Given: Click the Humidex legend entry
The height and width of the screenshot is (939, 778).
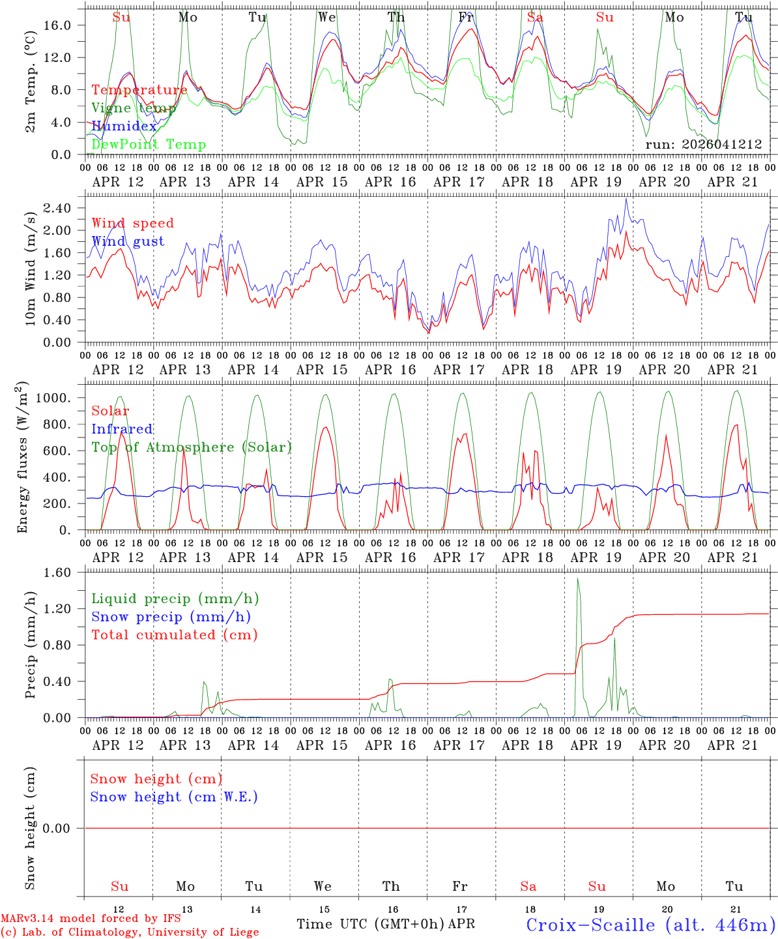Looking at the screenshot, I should point(124,127).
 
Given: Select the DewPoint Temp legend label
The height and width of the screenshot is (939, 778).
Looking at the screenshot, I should point(149,145).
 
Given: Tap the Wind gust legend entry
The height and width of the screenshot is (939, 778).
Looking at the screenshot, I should point(128,241).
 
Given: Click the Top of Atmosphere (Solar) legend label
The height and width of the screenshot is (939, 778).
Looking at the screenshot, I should point(192,447).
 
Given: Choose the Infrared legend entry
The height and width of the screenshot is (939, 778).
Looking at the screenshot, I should point(122,429).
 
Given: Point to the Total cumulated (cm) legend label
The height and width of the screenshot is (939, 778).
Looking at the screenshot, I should point(174,635).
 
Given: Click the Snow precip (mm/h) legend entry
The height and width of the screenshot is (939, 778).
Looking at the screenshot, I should point(171,617).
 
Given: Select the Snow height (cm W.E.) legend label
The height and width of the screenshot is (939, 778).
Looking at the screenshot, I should point(174,797).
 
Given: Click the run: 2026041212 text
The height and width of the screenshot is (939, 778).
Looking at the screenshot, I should point(703,145).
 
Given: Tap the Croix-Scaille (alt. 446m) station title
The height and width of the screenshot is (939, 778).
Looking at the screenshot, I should point(650,925).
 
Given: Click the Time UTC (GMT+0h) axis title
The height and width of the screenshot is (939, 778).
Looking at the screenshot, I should point(371,924).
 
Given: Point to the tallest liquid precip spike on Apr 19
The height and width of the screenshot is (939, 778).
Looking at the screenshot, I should point(577,579).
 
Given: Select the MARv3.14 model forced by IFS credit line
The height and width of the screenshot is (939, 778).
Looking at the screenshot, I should point(91,919).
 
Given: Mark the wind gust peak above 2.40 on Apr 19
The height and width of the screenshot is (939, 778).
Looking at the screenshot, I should point(626,199).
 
